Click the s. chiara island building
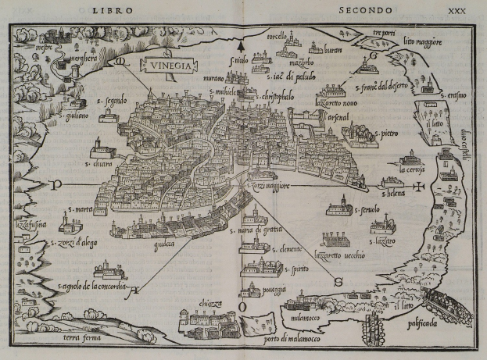pos(102,147)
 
